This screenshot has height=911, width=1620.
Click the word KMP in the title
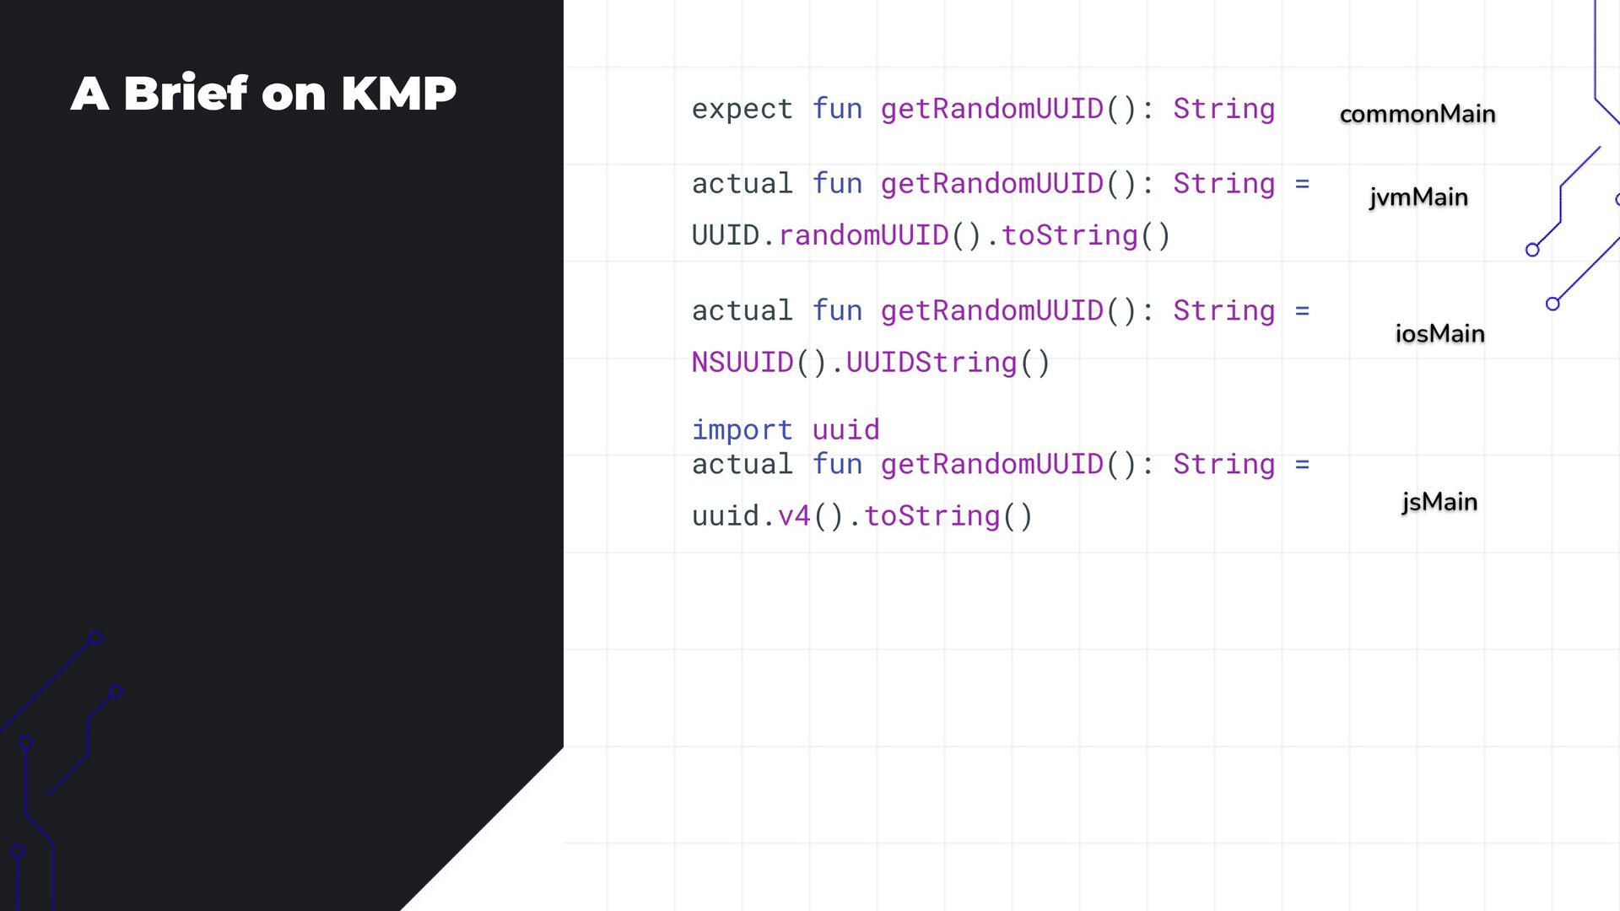click(x=398, y=93)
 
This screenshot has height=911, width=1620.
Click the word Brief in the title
click(x=186, y=93)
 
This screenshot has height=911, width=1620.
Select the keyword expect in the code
click(x=742, y=109)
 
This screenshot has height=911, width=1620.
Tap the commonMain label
click(x=1417, y=114)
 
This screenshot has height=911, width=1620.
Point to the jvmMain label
click(x=1418, y=197)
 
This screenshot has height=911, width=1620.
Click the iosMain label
click(x=1439, y=334)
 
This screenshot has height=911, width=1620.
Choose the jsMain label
click(x=1439, y=502)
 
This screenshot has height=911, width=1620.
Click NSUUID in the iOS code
click(x=742, y=363)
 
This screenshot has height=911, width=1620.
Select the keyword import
click(x=742, y=430)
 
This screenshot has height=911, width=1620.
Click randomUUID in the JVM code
click(x=863, y=235)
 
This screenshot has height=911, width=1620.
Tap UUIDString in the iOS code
click(x=931, y=363)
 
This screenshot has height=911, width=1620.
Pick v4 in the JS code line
click(x=794, y=516)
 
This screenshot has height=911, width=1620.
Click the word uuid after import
click(x=845, y=430)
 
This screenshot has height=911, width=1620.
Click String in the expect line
click(x=1223, y=109)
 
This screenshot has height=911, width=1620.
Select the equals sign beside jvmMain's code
click(x=1302, y=184)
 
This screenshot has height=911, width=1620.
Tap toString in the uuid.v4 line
click(x=931, y=516)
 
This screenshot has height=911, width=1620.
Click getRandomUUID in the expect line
click(x=991, y=109)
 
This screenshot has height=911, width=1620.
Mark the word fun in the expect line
click(x=837, y=109)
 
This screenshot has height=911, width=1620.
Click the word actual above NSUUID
click(x=742, y=311)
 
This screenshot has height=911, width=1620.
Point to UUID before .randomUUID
click(x=725, y=235)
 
